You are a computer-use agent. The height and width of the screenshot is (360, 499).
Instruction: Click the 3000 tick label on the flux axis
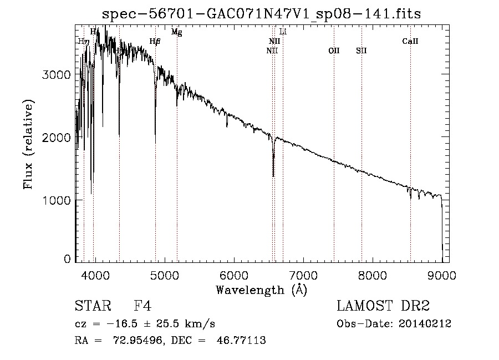(x=57, y=75)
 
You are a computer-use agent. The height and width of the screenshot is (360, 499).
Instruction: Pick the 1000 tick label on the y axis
(x=57, y=200)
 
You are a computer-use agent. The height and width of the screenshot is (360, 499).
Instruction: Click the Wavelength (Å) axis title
(x=261, y=290)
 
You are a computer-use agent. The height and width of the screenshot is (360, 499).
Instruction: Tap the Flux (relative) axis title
(x=28, y=144)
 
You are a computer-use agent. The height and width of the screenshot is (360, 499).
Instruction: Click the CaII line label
(x=410, y=42)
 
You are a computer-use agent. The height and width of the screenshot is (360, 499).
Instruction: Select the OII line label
(x=334, y=50)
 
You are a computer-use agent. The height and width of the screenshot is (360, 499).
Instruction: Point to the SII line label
(x=361, y=50)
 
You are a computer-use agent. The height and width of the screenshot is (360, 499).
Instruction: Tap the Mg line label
(x=176, y=32)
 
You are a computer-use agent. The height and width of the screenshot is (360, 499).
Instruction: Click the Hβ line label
(x=155, y=42)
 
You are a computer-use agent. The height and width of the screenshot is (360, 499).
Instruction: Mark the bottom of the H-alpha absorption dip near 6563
(x=273, y=175)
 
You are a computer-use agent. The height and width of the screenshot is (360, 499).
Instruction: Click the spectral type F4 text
(x=143, y=306)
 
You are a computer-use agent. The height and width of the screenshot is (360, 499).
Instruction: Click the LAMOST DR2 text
(x=383, y=306)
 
